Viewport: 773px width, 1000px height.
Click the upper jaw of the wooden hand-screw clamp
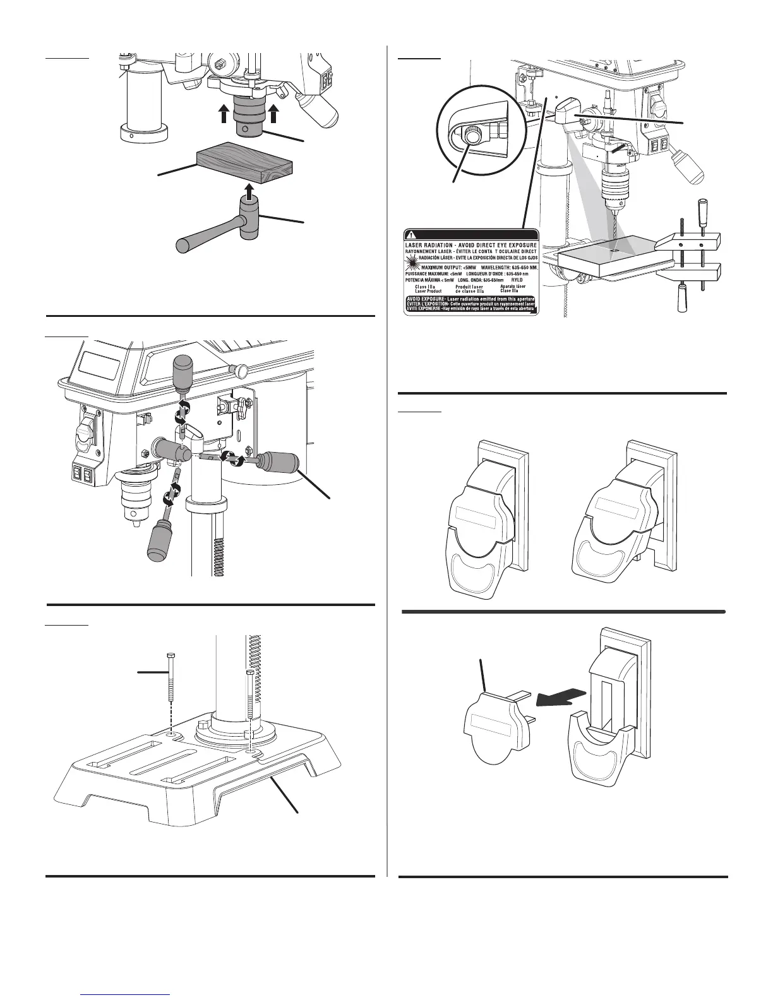tap(688, 241)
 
